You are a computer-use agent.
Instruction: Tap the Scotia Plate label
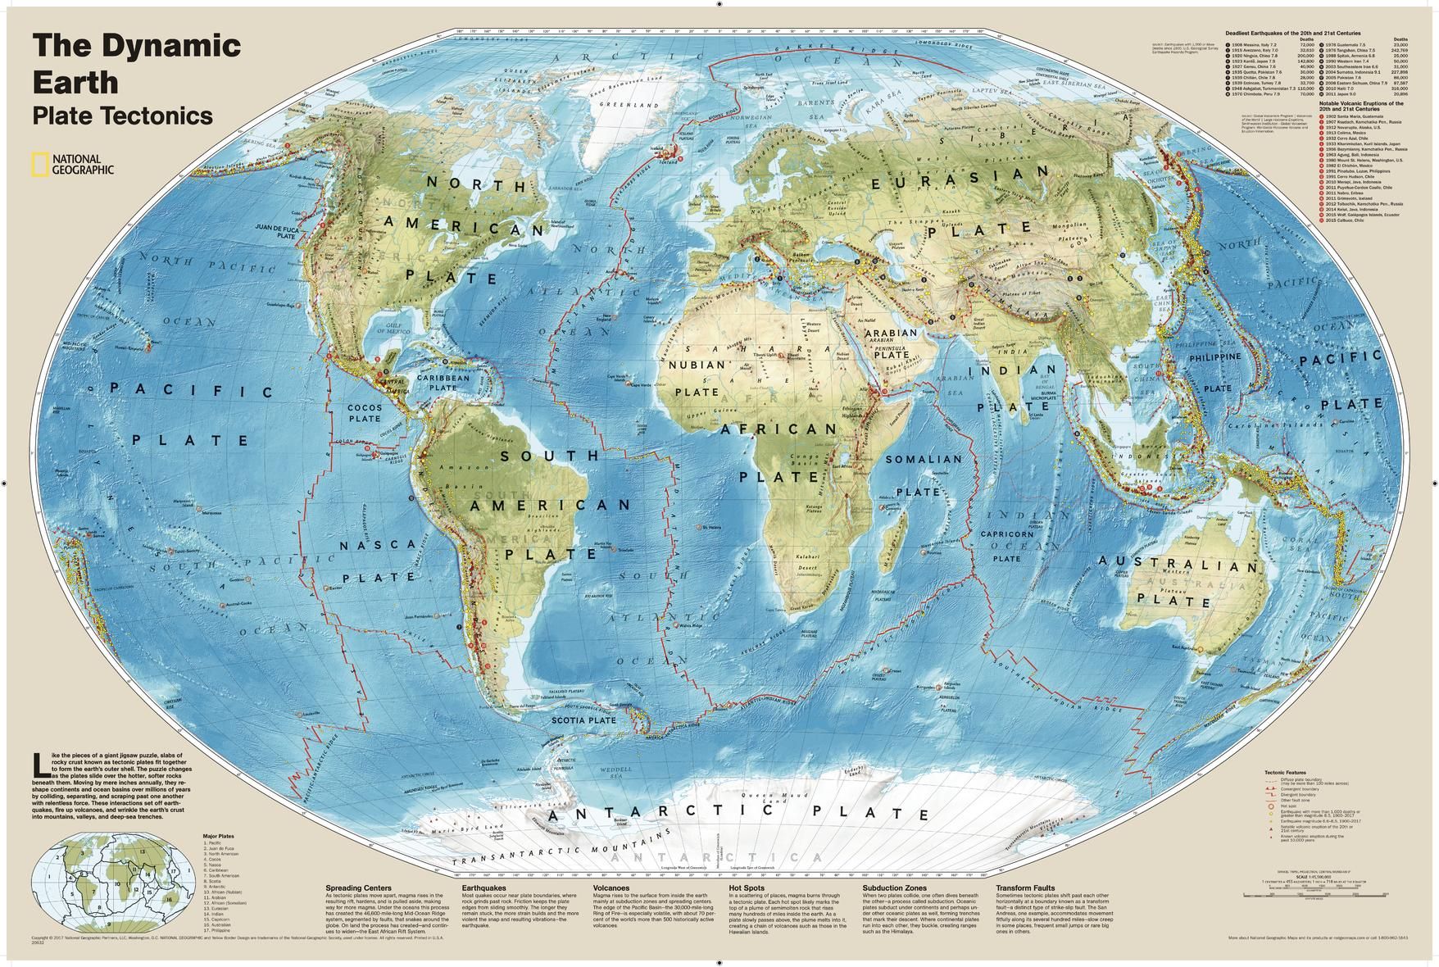coord(583,721)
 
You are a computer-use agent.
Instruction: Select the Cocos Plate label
coord(365,413)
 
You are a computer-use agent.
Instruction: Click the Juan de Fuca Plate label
coord(274,230)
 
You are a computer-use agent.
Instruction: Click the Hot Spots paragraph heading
coord(747,888)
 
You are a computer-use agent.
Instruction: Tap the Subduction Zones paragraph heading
coord(894,888)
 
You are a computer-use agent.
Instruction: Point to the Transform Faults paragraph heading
coord(1025,888)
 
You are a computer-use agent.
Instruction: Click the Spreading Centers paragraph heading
coord(358,888)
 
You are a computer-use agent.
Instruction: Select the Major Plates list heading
coord(214,836)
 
